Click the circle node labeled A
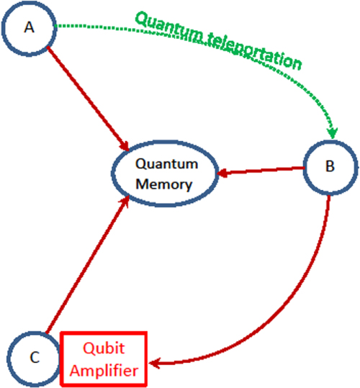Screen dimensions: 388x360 pos(29,27)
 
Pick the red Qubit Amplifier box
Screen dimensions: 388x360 pos(106,358)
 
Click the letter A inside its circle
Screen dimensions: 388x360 pos(29,27)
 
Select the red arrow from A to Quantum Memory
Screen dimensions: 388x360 pos(86,94)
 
